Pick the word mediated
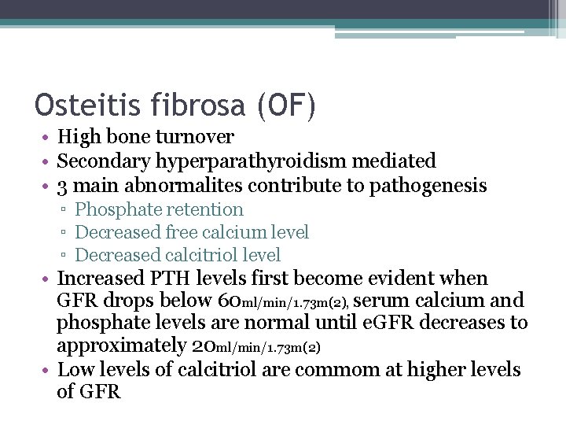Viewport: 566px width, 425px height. [397, 161]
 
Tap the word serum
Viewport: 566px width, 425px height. [393, 301]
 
